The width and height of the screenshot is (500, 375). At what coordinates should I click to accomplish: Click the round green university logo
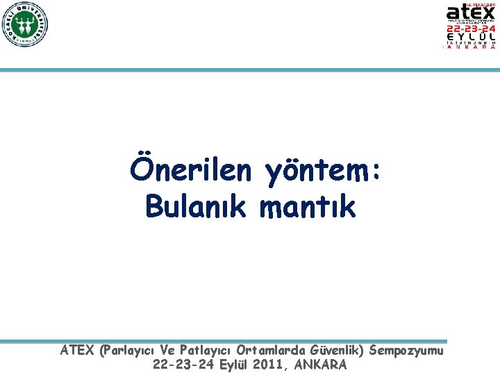pyautogui.click(x=24, y=24)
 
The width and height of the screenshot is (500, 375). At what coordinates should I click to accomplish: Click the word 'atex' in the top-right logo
pyautogui.click(x=470, y=12)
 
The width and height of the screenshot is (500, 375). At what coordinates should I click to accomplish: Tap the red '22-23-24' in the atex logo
pyautogui.click(x=470, y=29)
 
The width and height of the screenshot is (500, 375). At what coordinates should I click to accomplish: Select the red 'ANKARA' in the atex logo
pyautogui.click(x=470, y=47)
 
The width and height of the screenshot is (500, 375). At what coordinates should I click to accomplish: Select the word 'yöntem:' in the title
pyautogui.click(x=322, y=172)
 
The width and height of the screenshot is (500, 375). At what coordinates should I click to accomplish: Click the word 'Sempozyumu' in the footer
pyautogui.click(x=406, y=351)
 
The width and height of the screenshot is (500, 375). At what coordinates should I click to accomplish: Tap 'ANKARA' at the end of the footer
pyautogui.click(x=320, y=364)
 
